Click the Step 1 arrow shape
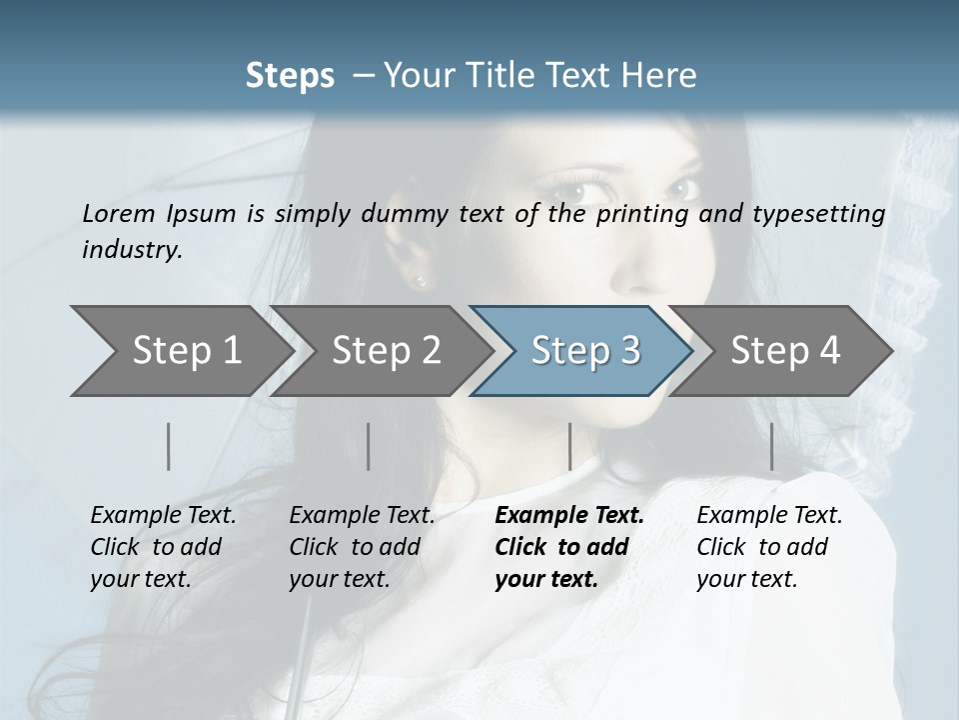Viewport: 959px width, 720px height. [x=180, y=350]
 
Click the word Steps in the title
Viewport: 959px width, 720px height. [x=290, y=75]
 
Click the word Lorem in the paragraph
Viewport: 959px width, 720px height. [x=119, y=213]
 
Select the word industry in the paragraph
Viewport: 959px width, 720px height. [x=132, y=250]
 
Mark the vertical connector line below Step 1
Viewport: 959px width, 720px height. [x=169, y=446]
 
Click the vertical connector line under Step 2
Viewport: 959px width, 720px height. [x=369, y=446]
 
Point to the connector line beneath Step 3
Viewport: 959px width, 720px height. [x=569, y=446]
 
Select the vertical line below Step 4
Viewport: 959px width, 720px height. [x=772, y=446]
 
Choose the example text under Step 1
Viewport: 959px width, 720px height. [x=162, y=547]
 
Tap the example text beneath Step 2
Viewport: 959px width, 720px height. [x=361, y=547]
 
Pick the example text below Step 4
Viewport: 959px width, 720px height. [x=768, y=547]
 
